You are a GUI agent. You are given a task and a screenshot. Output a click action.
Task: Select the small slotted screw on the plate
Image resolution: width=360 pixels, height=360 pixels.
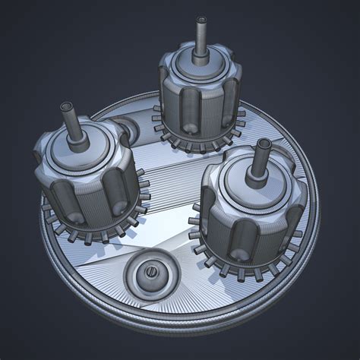(150, 271)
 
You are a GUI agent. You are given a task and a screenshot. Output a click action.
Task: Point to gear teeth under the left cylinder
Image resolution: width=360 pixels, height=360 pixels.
(91, 232)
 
